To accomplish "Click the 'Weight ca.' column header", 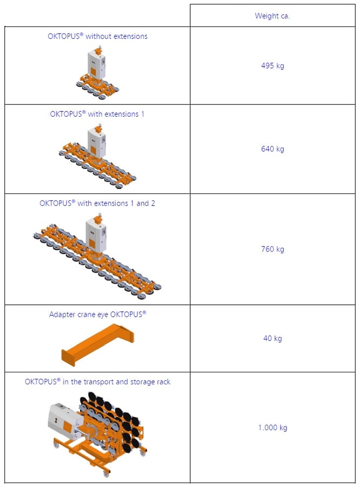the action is coord(272,16).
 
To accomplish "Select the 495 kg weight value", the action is coord(272,66).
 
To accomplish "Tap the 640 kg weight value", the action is coord(272,149).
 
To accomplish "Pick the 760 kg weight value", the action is coord(272,249).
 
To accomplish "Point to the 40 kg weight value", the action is coord(272,338).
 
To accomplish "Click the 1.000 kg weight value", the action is coord(272,427).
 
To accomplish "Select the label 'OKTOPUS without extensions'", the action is coord(97,36).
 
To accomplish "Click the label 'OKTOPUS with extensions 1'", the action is coord(97,114).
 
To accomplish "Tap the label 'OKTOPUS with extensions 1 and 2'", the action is coord(97,203).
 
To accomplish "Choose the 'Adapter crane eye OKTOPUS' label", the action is coord(97,315).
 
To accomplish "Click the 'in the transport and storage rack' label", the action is coord(116,382).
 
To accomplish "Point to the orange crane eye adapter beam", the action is coord(97,345).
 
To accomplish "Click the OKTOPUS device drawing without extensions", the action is coord(97,72).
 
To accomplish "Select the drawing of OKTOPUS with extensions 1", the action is coord(97,156).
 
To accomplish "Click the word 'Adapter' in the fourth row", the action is coord(61,315).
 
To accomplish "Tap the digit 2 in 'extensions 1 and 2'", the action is coord(153,203).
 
